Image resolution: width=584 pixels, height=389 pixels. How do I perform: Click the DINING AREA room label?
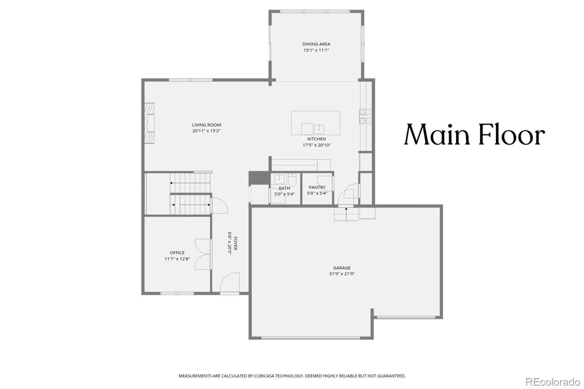tap(316, 44)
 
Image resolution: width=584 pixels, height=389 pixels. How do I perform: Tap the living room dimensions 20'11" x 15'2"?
tap(207, 131)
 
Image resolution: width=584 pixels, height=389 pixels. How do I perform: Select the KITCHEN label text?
tap(316, 139)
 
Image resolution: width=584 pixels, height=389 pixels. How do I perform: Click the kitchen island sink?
tap(319, 129)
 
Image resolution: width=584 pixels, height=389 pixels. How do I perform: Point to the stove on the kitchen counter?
tap(365, 116)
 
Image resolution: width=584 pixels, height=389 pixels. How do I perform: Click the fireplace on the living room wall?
tap(149, 124)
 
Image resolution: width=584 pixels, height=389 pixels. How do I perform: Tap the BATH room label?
tap(284, 188)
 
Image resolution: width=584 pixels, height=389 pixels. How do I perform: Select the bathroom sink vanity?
tap(279, 179)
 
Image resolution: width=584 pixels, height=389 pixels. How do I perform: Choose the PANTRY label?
tap(317, 188)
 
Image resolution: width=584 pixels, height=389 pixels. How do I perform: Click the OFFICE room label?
tap(177, 253)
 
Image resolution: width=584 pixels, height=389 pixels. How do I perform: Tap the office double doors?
tap(203, 254)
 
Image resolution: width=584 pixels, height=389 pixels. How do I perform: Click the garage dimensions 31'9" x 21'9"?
tap(342, 274)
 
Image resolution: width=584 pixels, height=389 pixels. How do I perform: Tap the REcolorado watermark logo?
tap(553, 382)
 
